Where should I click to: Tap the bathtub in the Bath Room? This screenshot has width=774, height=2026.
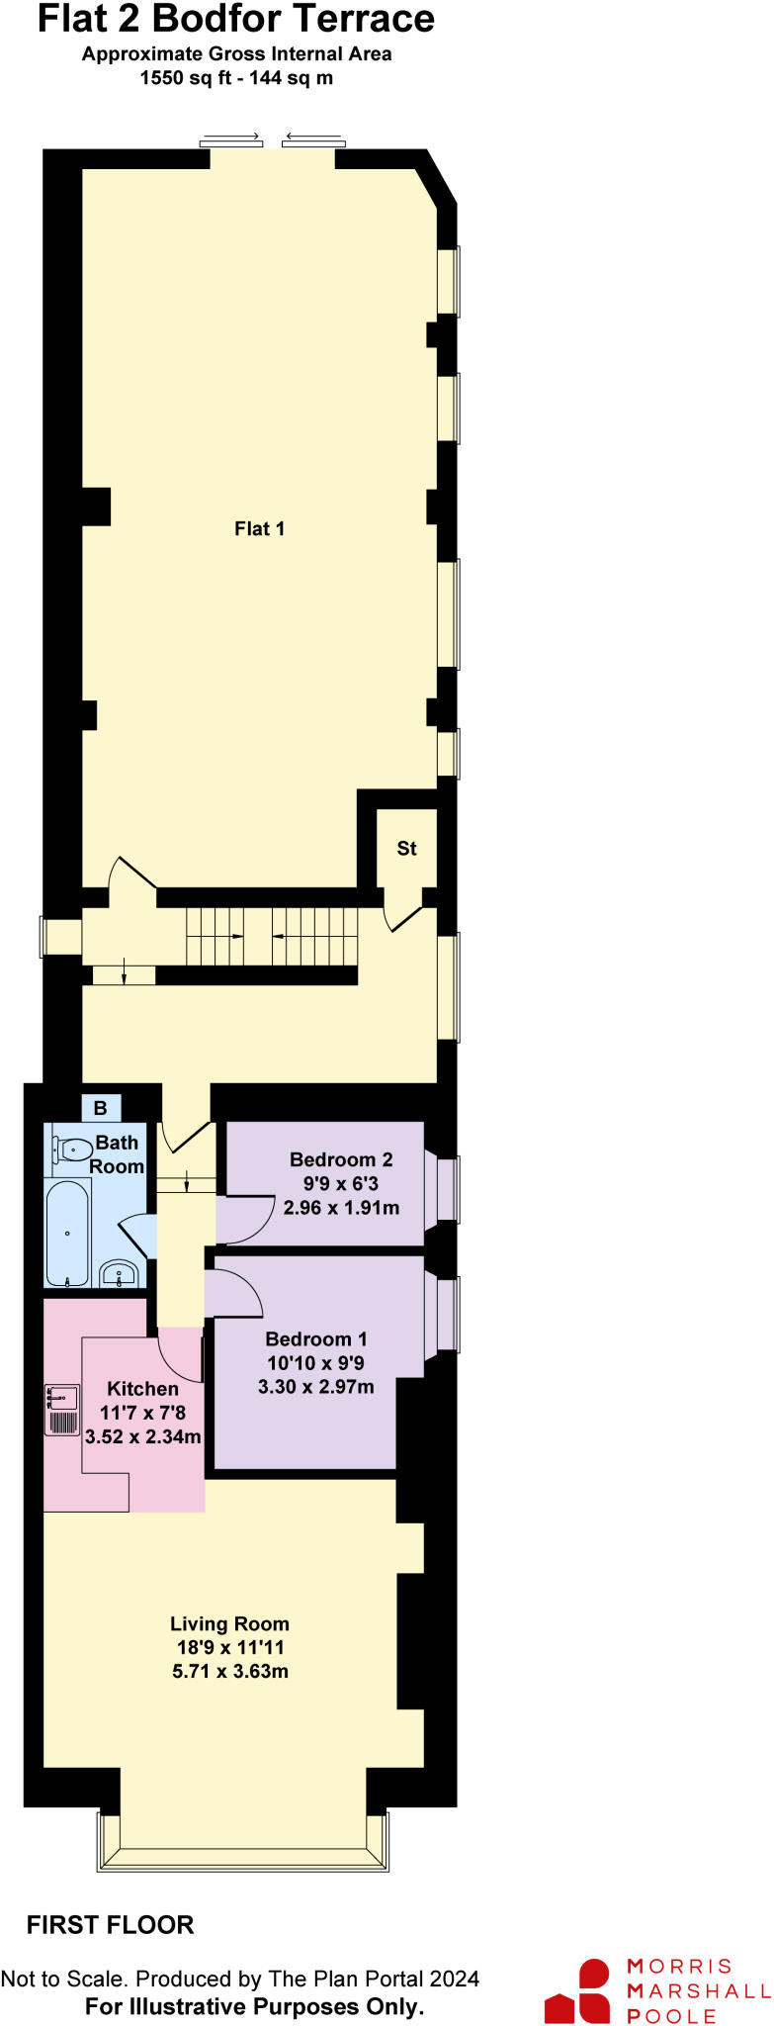coord(67,1233)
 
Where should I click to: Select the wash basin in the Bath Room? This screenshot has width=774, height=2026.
coord(120,1274)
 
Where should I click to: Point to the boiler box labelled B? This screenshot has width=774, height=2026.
coord(100,1108)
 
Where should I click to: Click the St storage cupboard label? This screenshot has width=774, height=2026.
coord(406,848)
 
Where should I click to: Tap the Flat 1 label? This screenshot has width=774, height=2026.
coord(259,528)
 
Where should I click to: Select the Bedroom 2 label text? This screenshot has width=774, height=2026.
coord(341,1159)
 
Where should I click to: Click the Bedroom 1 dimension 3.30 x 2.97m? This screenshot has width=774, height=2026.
coord(315,1387)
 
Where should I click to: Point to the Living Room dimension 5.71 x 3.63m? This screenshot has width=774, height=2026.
coord(229,1672)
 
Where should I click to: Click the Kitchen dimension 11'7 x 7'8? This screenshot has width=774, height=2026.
coord(142,1413)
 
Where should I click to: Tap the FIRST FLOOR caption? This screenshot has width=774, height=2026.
coord(110,1925)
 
